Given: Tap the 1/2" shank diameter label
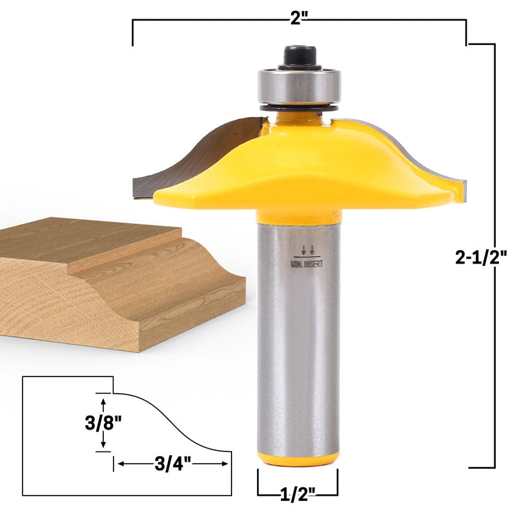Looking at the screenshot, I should [x=298, y=495].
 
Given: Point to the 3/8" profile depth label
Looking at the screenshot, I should [x=103, y=423].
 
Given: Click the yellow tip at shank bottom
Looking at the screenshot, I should [x=299, y=458].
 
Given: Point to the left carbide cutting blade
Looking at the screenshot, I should [x=192, y=154].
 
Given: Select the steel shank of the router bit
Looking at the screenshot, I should [x=299, y=346].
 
